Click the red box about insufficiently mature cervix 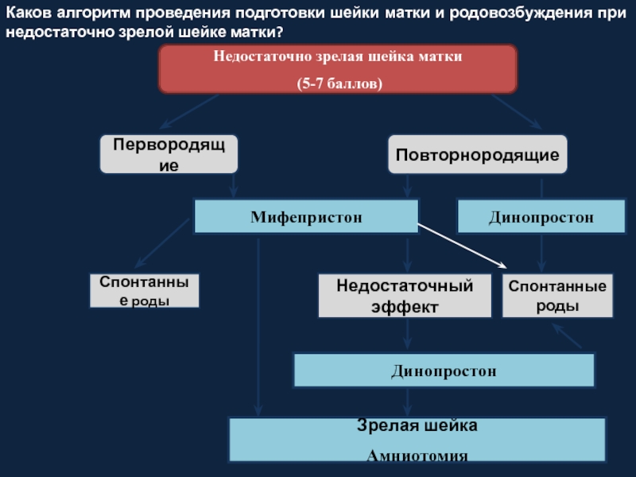[x=338, y=69]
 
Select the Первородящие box [x=169, y=154]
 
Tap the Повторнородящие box [x=478, y=154]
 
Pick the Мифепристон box [x=306, y=216]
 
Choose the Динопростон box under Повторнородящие [x=541, y=216]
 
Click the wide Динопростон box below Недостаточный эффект [x=444, y=370]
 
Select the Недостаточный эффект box [x=405, y=296]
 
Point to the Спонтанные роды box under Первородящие [x=145, y=290]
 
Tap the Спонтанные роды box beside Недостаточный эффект [x=557, y=296]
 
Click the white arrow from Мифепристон [x=463, y=246]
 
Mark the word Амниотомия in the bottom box [x=417, y=456]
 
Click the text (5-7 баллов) [x=339, y=83]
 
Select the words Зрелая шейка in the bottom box [x=417, y=425]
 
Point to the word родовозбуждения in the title [x=521, y=13]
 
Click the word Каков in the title [x=29, y=13]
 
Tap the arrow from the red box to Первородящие [x=189, y=111]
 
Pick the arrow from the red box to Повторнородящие [x=516, y=111]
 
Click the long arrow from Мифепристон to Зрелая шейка [x=258, y=327]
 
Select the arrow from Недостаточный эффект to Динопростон [x=408, y=333]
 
